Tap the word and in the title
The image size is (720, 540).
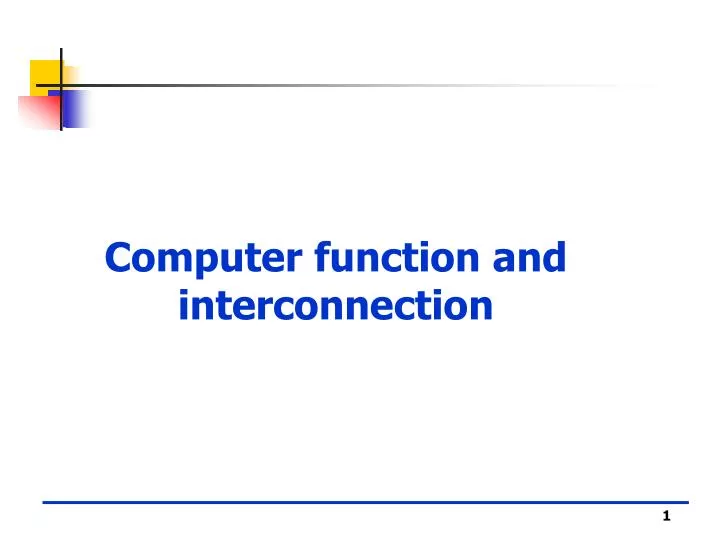coord(529,258)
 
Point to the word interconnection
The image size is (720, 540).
coord(336,306)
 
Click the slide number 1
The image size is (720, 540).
coord(665,516)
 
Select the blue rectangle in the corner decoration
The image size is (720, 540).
coord(76,108)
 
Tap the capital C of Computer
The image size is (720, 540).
coord(119,258)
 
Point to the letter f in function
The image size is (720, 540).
coord(322,257)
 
